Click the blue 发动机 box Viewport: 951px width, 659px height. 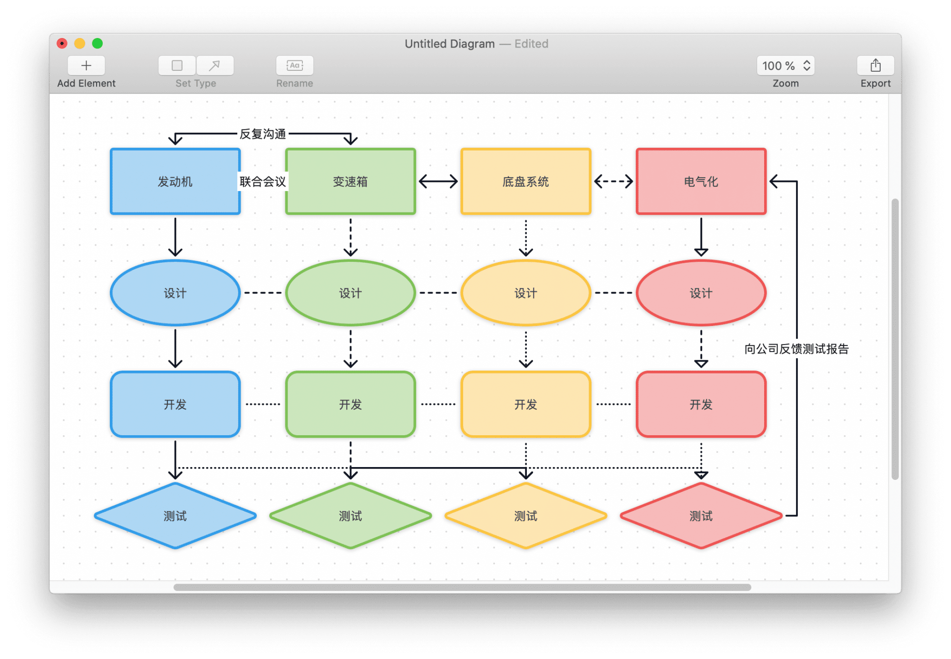(x=175, y=181)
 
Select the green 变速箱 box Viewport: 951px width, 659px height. (x=350, y=181)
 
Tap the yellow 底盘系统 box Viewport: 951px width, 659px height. (x=526, y=181)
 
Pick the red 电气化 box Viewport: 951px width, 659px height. (x=701, y=181)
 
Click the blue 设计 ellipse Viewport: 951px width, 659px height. (x=175, y=293)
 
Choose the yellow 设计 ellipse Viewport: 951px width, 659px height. (x=526, y=293)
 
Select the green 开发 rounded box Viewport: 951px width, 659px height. (x=350, y=404)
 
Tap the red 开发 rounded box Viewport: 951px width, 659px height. (x=701, y=404)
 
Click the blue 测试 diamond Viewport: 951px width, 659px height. (x=175, y=516)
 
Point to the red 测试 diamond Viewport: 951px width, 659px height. (x=701, y=516)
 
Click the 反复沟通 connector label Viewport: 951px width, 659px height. (x=262, y=134)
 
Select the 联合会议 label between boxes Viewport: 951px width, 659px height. (x=262, y=181)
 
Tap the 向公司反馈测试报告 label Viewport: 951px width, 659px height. (x=796, y=349)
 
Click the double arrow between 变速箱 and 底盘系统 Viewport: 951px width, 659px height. (x=438, y=181)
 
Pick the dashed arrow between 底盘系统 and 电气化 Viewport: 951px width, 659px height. (x=613, y=181)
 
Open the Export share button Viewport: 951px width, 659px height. (x=875, y=66)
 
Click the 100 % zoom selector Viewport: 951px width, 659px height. (x=786, y=66)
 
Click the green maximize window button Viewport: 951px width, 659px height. (x=97, y=43)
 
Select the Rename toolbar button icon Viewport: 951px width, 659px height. (x=295, y=66)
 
